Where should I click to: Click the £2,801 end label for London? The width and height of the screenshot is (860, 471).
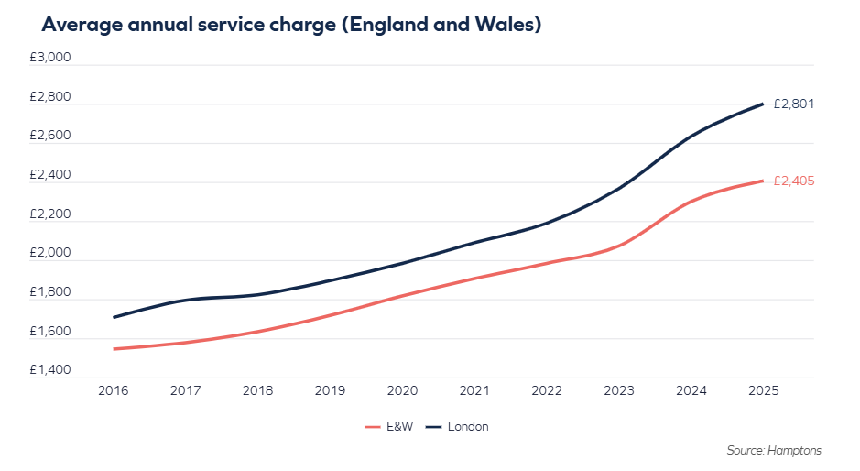point(793,104)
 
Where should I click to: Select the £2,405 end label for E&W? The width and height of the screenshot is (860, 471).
point(793,181)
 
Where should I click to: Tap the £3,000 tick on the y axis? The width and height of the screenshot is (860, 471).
point(49,57)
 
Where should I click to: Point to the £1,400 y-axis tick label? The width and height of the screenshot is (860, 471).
point(49,370)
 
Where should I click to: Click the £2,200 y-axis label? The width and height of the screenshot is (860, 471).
point(49,214)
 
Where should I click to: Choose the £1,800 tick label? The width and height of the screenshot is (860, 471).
point(49,292)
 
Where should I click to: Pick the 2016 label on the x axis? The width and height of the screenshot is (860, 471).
point(113,390)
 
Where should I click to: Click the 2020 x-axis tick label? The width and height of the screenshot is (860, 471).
point(402,390)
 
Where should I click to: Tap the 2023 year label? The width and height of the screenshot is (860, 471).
point(619,390)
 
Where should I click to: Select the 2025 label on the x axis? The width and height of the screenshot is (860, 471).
point(763,390)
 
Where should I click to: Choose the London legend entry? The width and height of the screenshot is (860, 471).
point(467,427)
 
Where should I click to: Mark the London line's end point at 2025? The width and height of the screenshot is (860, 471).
point(763,104)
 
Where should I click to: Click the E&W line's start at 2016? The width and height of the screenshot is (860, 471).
point(114,349)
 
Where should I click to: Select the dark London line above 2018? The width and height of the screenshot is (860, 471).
point(257,294)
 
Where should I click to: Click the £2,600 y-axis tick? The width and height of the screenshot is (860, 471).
point(49,136)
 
